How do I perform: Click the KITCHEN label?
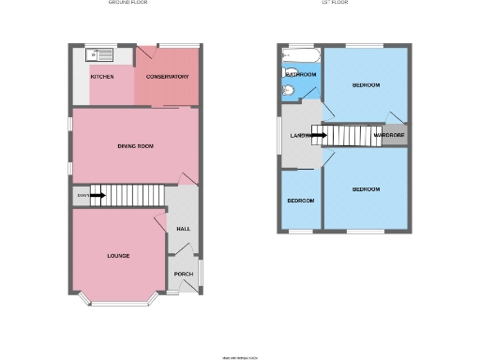[102, 77]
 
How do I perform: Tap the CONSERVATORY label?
[167, 77]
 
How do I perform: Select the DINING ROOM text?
[135, 146]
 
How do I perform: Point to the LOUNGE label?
[118, 256]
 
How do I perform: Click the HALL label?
[184, 228]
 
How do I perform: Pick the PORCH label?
[184, 274]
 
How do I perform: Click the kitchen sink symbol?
[99, 55]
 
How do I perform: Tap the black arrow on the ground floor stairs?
[97, 195]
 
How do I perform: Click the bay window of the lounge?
[118, 302]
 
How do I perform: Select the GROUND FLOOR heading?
[127, 3]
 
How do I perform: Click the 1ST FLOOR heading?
[335, 3]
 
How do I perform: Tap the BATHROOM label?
[300, 73]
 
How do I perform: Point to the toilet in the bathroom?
[289, 91]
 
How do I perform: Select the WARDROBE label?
[389, 136]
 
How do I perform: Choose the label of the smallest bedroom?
[300, 201]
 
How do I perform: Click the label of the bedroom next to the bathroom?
[366, 85]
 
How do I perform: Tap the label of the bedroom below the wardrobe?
[366, 189]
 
